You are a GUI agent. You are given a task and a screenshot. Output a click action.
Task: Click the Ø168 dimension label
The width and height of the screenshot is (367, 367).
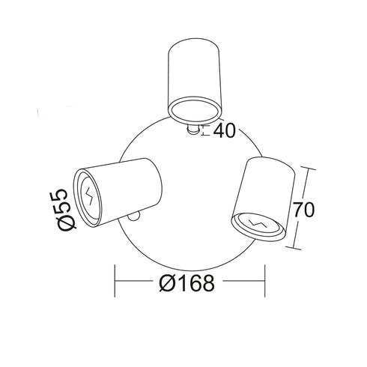pos(186,283)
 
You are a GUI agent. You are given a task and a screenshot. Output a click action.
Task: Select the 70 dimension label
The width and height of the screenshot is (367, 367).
pos(303,210)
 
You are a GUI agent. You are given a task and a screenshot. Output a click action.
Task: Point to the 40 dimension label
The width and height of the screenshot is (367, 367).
pos(225,131)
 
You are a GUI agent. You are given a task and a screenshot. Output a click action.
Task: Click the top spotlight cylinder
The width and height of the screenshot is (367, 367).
pos(195,81)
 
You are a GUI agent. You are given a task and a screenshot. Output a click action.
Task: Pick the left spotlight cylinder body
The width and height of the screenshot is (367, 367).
pos(118,192)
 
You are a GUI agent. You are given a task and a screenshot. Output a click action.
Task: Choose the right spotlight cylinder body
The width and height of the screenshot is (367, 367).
pos(264,198)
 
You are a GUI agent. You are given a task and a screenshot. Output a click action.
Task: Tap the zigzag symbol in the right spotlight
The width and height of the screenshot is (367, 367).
pos(258,223)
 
